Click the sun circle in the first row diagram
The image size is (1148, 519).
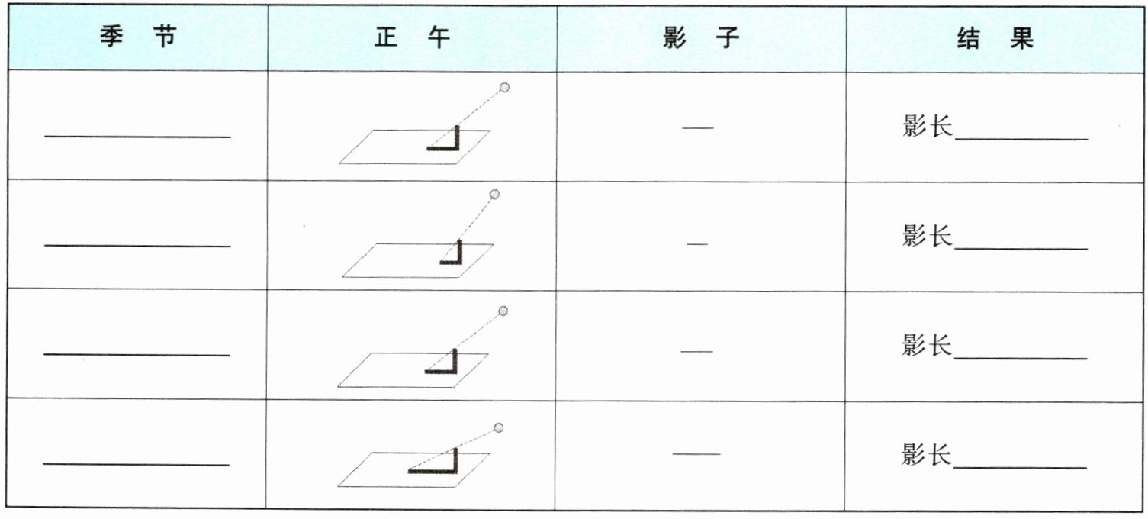pos(504,87)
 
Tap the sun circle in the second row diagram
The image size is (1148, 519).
pos(494,195)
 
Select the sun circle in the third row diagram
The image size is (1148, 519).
pos(503,311)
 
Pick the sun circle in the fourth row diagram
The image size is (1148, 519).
pos(499,427)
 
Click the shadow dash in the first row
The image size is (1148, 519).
pos(698,128)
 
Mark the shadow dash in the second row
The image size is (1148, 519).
pos(697,244)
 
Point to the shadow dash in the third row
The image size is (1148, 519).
pos(696,352)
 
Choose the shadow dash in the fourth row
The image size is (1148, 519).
pos(696,455)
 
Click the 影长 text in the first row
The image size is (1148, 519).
pos(928,127)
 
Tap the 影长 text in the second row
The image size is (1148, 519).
pos(928,237)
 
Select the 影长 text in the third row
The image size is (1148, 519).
pos(928,347)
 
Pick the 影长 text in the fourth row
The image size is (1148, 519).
pos(928,456)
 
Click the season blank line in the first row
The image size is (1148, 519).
pos(137,137)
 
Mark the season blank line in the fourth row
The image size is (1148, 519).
pos(137,464)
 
